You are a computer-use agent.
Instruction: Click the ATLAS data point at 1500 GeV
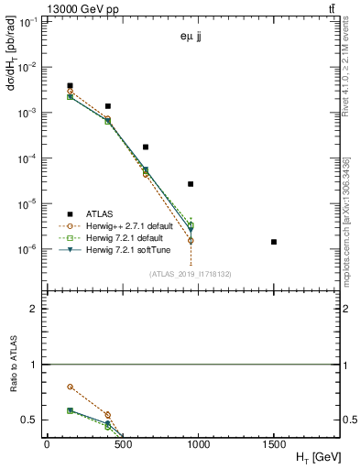point(274,242)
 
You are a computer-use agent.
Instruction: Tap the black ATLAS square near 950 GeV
point(191,184)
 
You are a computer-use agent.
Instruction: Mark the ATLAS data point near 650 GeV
point(146,147)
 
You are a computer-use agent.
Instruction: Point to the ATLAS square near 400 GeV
point(108,106)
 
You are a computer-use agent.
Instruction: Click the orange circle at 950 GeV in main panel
point(191,240)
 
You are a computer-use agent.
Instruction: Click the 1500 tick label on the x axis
point(274,443)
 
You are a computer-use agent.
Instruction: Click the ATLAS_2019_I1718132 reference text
point(191,273)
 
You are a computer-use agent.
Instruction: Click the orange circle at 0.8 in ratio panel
point(71,387)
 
